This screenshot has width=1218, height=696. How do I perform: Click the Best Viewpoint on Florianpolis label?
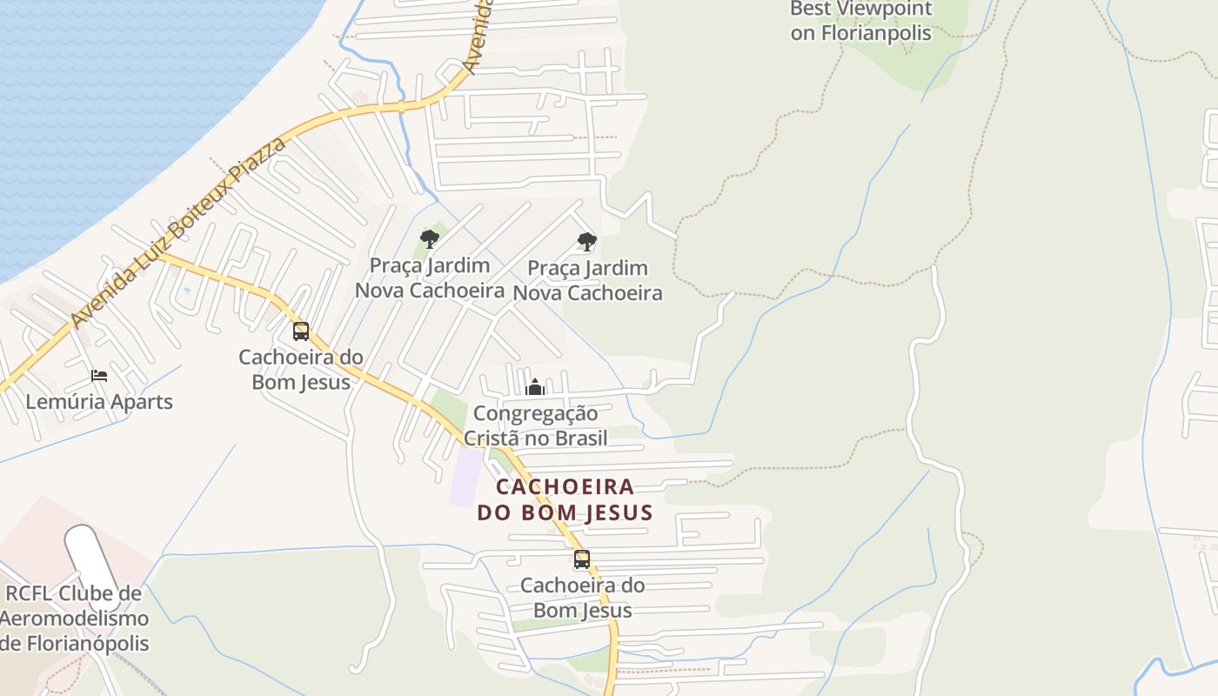click(x=860, y=22)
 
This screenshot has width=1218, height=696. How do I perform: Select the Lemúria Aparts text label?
click(x=99, y=402)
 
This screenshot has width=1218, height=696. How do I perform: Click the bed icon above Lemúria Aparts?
click(x=99, y=376)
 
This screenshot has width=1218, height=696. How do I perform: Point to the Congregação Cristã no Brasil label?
click(x=535, y=425)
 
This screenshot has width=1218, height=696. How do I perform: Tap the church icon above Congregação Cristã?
click(x=535, y=387)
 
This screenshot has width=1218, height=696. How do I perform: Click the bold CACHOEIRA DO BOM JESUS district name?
click(x=565, y=499)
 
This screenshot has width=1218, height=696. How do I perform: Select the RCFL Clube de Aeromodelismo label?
click(x=74, y=619)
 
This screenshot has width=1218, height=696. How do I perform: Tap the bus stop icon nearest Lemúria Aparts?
click(x=301, y=331)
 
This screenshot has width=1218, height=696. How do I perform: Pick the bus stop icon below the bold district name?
click(x=582, y=559)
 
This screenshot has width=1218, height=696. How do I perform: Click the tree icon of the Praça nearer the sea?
click(x=429, y=239)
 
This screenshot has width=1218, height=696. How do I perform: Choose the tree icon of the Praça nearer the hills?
click(x=587, y=242)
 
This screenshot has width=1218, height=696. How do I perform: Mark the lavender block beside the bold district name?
click(x=465, y=476)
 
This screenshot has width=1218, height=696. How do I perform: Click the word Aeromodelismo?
click(x=74, y=619)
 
